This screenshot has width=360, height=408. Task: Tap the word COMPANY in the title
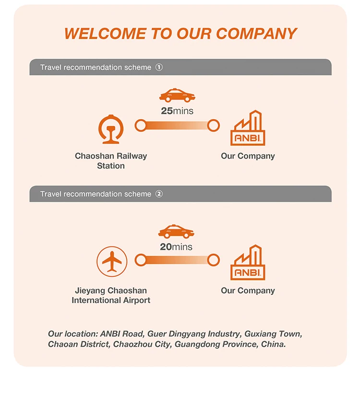point(256,34)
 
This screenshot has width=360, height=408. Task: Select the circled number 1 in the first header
point(159,67)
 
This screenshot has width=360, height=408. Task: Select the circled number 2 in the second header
point(159,194)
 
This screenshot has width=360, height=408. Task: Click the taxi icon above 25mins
point(177,95)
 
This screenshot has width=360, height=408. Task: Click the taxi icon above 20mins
point(177,231)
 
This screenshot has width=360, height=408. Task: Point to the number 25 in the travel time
point(167,111)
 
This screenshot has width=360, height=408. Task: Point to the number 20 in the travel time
point(166,247)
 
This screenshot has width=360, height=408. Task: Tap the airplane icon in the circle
point(112,261)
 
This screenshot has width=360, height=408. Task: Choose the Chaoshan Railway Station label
point(111,161)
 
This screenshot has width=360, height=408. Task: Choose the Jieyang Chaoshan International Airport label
point(111,295)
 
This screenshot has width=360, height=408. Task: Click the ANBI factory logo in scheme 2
point(248,263)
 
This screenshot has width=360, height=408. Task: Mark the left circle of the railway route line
point(141,126)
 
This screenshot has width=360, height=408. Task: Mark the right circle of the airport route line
point(214,260)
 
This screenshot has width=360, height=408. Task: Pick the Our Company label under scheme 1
point(248,156)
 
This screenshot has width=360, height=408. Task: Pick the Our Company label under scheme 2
point(248,290)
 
